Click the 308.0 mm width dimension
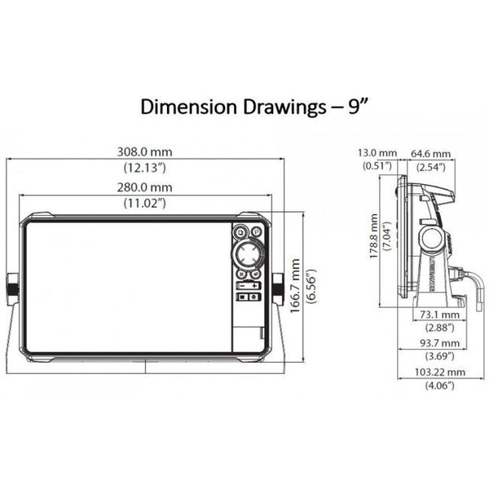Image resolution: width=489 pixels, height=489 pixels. pyautogui.click(x=148, y=152)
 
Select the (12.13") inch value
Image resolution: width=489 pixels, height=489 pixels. pyautogui.click(x=147, y=167)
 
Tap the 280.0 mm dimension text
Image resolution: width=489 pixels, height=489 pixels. pyautogui.click(x=148, y=187)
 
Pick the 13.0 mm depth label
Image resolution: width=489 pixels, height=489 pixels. pyautogui.click(x=376, y=152)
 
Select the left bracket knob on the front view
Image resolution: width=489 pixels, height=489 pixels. pyautogui.click(x=13, y=287)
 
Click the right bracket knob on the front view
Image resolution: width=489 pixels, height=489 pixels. pyautogui.click(x=279, y=287)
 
